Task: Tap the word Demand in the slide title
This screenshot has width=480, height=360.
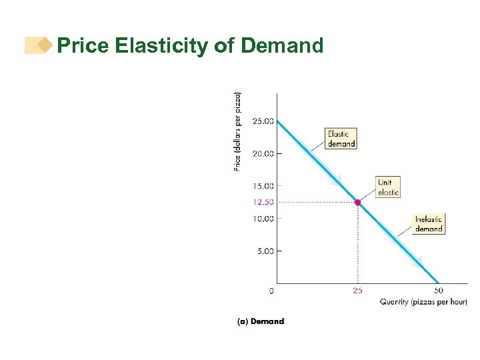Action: [x=282, y=46]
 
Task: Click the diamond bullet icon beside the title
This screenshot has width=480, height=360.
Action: [x=45, y=45]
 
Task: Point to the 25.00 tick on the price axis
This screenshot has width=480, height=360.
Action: [x=263, y=121]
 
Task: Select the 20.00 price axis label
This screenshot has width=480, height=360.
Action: [x=263, y=153]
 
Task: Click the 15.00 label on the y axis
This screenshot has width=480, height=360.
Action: [x=263, y=186]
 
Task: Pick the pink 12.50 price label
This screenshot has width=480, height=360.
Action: [x=263, y=202]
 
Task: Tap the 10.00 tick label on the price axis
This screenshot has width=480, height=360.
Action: [x=263, y=219]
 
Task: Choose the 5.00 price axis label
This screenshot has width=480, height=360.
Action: [x=264, y=251]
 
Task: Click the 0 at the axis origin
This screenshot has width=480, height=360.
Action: [x=271, y=291]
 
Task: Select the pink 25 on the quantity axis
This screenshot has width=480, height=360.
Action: [x=358, y=291]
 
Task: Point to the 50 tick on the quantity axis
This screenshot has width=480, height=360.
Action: [x=439, y=291]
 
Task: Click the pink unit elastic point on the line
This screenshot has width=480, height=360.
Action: [x=358, y=202]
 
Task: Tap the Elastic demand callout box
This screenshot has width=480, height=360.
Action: [x=341, y=139]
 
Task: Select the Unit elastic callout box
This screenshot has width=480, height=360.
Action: [x=388, y=187]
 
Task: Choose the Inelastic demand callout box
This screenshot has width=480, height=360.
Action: [x=429, y=224]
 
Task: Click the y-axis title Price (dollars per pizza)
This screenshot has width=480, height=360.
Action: [x=238, y=131]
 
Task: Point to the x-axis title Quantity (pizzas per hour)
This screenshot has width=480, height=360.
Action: [x=423, y=302]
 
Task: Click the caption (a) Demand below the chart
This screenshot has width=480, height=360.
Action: [x=261, y=321]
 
